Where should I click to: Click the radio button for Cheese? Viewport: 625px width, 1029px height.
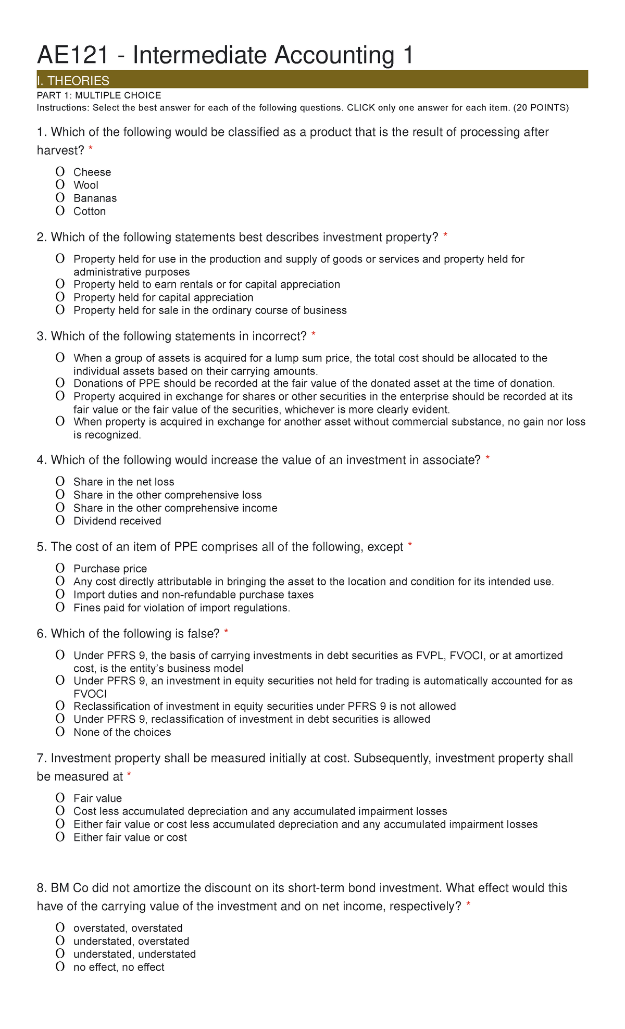[x=60, y=172]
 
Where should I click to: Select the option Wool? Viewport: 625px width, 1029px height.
[x=60, y=185]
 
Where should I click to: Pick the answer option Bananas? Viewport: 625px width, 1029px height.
[x=60, y=198]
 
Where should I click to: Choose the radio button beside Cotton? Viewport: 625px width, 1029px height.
[x=60, y=211]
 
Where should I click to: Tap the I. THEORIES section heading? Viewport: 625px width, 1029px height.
[x=73, y=81]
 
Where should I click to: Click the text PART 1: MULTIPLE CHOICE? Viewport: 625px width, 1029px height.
[x=99, y=95]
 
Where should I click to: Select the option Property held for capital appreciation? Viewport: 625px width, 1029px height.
[x=60, y=297]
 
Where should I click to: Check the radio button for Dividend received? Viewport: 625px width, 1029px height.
[x=60, y=521]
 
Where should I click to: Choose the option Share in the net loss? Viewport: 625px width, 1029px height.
[x=60, y=482]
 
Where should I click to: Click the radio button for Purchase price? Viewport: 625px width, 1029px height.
[x=60, y=569]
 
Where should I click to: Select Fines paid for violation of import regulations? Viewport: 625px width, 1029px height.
[x=60, y=608]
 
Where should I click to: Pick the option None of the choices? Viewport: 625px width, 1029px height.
[x=60, y=732]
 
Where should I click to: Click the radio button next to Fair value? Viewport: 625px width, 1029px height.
[x=60, y=798]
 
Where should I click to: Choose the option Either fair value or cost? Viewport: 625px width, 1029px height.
[x=60, y=837]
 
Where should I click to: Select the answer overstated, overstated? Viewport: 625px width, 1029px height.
[x=60, y=928]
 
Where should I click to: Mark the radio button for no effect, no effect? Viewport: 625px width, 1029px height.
[x=60, y=967]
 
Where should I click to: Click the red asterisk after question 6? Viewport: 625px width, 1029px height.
[x=226, y=632]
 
